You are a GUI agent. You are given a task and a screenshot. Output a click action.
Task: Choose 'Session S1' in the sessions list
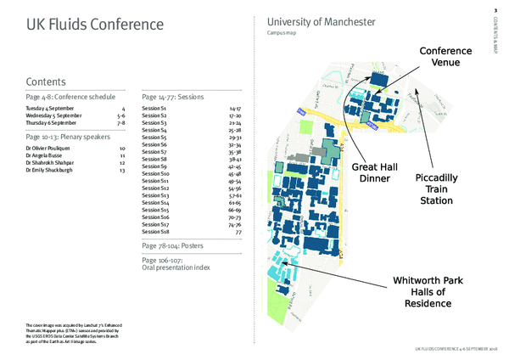(154, 110)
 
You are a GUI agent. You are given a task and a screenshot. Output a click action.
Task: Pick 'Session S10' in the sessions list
(155, 174)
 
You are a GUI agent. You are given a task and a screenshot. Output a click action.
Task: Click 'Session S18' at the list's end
(155, 231)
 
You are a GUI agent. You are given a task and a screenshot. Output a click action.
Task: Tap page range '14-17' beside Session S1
(235, 110)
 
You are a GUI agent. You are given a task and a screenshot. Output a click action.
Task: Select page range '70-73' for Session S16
(235, 217)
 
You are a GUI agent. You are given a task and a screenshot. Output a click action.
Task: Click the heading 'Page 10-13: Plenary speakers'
(67, 136)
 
